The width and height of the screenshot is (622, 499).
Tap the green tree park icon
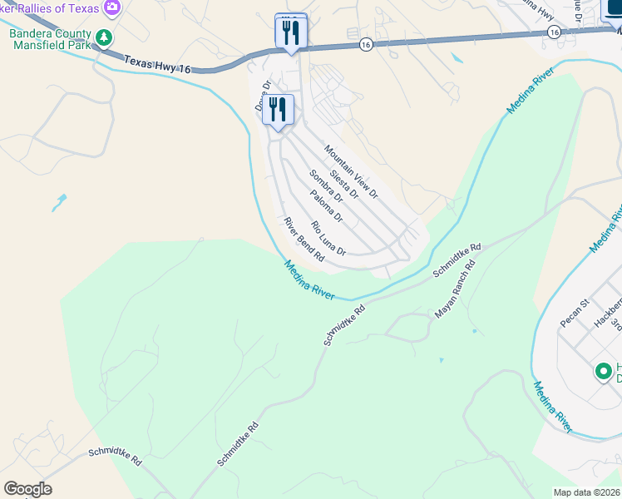[x=104, y=37]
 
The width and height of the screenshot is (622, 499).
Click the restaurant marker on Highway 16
[x=291, y=32]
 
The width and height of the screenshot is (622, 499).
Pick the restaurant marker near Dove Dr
[x=278, y=110]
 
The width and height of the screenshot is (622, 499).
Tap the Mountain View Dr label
[x=351, y=172]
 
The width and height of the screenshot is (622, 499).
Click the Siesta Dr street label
[x=343, y=184]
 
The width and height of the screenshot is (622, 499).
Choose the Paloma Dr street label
[x=325, y=206]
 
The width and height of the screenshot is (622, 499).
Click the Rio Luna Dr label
[x=328, y=238]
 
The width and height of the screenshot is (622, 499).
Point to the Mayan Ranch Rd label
[x=455, y=290]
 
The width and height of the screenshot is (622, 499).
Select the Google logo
[x=27, y=489]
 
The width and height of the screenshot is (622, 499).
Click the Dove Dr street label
[x=263, y=96]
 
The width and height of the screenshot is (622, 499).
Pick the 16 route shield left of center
[x=366, y=44]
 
